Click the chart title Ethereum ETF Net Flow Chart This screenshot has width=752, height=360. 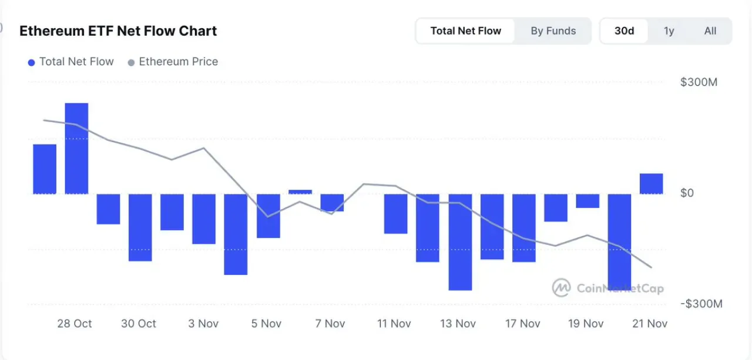(118, 31)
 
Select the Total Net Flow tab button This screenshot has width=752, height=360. (465, 31)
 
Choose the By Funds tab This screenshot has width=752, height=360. (553, 31)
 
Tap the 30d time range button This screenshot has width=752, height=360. (624, 31)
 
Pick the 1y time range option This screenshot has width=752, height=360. (669, 31)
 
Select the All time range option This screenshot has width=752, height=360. (710, 31)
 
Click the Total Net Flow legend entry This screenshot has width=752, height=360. (71, 62)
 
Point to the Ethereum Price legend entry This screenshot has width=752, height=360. (173, 62)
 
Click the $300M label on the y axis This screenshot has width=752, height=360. (699, 82)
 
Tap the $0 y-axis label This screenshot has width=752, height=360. (687, 193)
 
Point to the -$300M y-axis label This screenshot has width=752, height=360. (701, 304)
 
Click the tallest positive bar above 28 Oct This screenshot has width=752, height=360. (76, 149)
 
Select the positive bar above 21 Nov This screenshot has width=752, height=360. (652, 184)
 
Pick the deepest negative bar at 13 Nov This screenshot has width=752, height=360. (460, 242)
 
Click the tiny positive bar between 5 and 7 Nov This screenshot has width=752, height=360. (300, 192)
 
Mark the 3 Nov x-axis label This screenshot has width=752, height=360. (203, 324)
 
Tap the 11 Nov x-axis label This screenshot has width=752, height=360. (394, 324)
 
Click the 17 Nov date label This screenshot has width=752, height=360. (523, 324)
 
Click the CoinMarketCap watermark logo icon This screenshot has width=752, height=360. (561, 288)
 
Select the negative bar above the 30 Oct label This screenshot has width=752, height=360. (140, 227)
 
